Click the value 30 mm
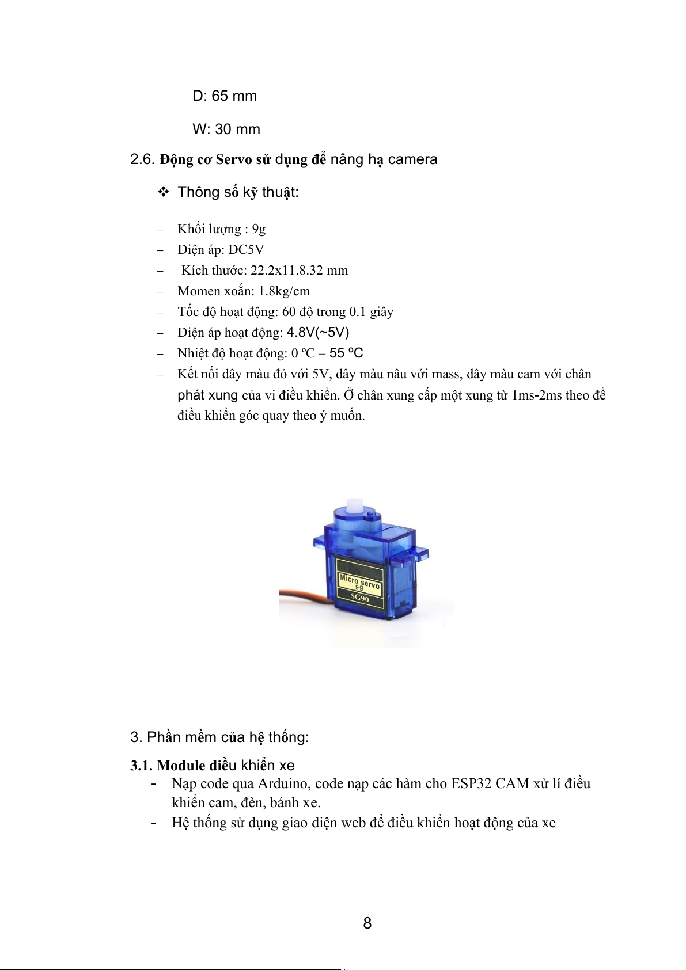[x=237, y=130]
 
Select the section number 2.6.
[x=142, y=159]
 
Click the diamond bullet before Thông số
[x=164, y=192]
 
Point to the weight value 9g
[x=259, y=229]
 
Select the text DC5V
[x=246, y=250]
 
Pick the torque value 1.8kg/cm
[x=284, y=291]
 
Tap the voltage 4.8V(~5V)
[x=318, y=333]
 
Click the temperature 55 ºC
[x=346, y=353]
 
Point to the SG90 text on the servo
[x=359, y=598]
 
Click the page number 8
[x=367, y=923]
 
